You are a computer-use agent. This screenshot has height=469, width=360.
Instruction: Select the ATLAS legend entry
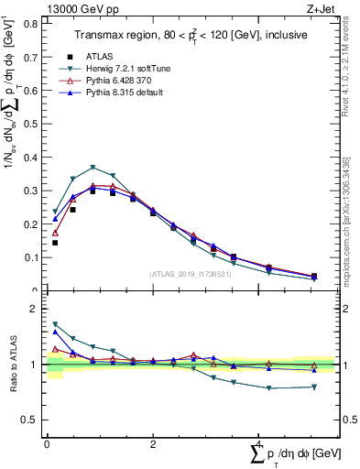tap(99, 55)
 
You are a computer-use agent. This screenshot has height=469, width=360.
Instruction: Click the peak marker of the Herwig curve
tap(93, 168)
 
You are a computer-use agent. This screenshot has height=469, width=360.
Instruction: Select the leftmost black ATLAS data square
tap(55, 243)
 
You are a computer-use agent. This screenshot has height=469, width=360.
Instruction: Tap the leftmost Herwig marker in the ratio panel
tap(55, 324)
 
